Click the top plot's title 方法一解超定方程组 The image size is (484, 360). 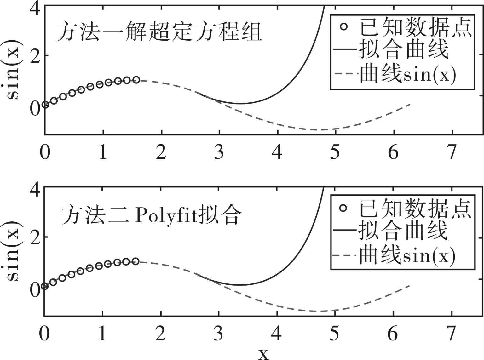(x=159, y=32)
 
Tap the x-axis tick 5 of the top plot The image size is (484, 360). (x=335, y=152)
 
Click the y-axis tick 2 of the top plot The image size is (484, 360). (x=35, y=55)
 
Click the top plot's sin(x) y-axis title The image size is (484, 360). (x=13, y=70)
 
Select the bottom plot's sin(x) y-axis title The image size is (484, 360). (x=13, y=251)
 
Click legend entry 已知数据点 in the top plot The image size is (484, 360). (x=416, y=28)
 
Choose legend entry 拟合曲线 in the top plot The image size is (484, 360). (x=404, y=50)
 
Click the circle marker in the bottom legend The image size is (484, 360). (x=343, y=208)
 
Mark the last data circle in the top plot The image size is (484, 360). (x=136, y=80)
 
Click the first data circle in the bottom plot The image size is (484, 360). (x=45, y=286)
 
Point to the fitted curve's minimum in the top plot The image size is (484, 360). (x=240, y=103)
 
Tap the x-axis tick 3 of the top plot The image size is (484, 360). (x=219, y=152)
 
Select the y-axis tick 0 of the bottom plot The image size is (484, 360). (x=35, y=290)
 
